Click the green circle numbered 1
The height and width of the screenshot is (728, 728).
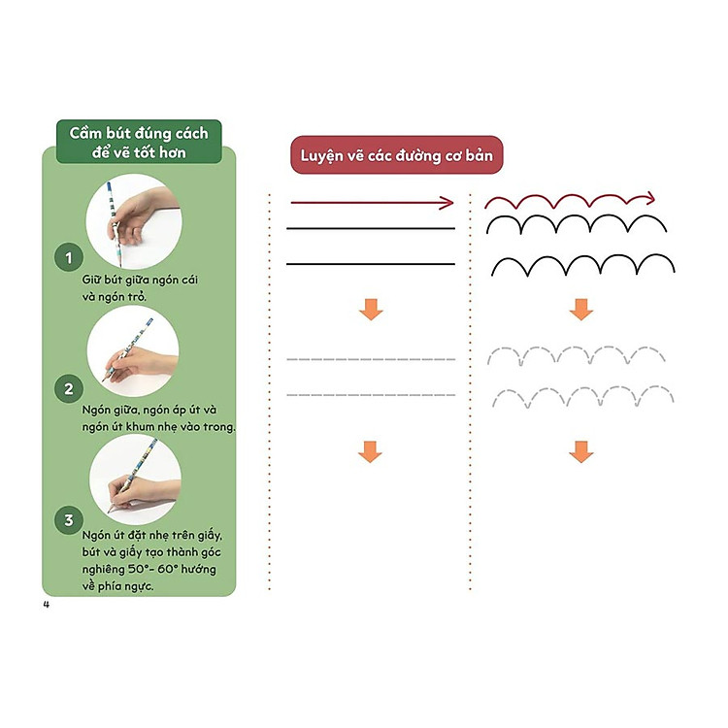69,257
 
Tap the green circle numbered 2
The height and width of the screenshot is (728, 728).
69,388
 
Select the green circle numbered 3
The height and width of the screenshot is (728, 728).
69,520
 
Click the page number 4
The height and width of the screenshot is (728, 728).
46,604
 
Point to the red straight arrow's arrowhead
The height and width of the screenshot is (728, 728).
447,203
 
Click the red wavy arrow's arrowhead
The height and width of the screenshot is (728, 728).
648,198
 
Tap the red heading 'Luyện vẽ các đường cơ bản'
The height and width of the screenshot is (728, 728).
396,155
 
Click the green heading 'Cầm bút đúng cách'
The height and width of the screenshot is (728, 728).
139,133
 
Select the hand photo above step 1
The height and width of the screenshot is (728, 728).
134,221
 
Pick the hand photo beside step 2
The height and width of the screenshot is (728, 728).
133,351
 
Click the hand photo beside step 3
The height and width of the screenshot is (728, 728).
135,480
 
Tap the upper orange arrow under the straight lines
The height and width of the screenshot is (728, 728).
371,310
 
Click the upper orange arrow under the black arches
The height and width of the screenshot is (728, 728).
580,310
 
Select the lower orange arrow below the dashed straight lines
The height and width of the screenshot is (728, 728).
370,451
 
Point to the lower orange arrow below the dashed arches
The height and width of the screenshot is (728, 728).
580,451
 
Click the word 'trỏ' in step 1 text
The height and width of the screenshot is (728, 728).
138,297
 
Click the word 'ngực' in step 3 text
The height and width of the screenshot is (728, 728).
138,586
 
